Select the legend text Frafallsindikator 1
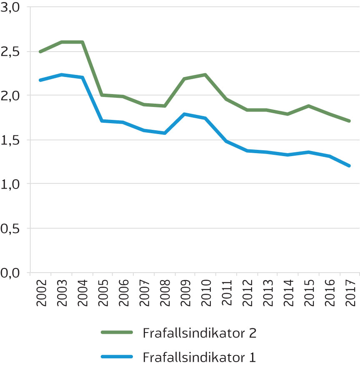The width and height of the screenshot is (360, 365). (x=199, y=357)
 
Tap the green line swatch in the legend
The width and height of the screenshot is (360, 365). (x=117, y=333)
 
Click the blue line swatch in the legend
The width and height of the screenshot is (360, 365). (x=117, y=357)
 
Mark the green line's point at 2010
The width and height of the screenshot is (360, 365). (x=205, y=74)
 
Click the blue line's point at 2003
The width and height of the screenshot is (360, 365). (x=62, y=75)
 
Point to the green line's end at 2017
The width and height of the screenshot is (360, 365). (x=349, y=121)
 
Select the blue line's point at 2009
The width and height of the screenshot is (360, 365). (x=185, y=114)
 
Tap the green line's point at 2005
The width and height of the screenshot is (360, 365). (x=102, y=95)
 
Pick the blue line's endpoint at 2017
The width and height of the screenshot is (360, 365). (x=349, y=166)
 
